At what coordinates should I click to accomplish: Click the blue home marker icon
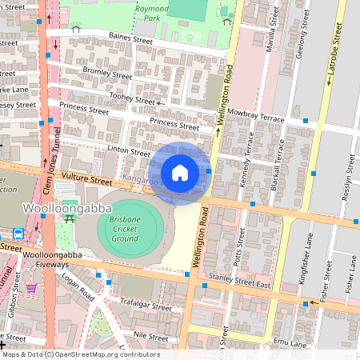(x=180, y=173)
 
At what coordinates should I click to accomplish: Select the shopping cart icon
(x=31, y=287)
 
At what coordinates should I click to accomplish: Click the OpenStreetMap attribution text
(x=81, y=354)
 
